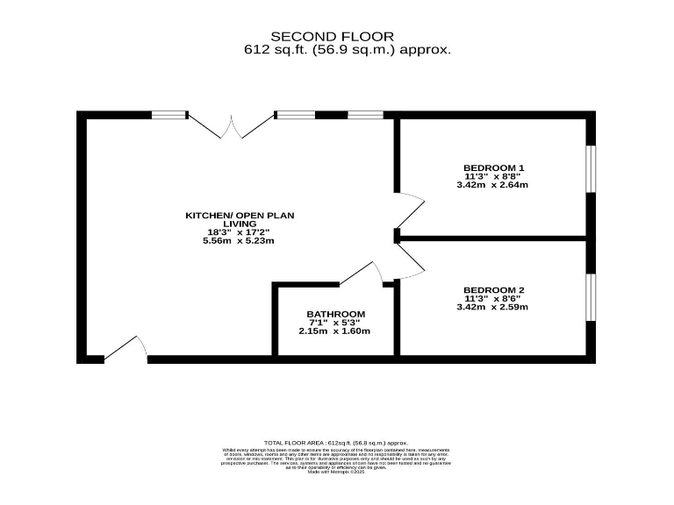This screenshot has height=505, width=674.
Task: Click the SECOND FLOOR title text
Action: pyautogui.click(x=332, y=36)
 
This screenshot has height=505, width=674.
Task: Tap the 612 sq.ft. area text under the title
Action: pyautogui.click(x=348, y=50)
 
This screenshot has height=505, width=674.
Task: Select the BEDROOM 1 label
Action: pyautogui.click(x=493, y=167)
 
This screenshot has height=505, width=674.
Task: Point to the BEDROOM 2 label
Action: pyautogui.click(x=493, y=289)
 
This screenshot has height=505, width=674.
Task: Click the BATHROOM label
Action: pyautogui.click(x=335, y=314)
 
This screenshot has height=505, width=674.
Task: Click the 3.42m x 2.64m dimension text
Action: pyautogui.click(x=492, y=185)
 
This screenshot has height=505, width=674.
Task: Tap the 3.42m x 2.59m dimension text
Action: pyautogui.click(x=492, y=307)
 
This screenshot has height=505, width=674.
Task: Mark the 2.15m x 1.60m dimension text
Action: pyautogui.click(x=334, y=331)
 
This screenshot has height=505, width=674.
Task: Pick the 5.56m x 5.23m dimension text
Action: pyautogui.click(x=239, y=241)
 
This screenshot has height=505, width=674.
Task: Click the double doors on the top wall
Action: pyautogui.click(x=231, y=126)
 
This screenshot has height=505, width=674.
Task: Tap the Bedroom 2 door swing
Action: pyautogui.click(x=410, y=262)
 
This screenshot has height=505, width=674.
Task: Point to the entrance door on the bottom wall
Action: pyautogui.click(x=126, y=349)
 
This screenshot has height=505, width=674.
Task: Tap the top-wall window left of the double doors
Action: pyautogui.click(x=169, y=114)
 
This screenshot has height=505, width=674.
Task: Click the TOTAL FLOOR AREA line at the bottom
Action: pyautogui.click(x=336, y=444)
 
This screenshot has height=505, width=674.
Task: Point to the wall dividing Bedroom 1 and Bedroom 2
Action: pyautogui.click(x=491, y=238)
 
